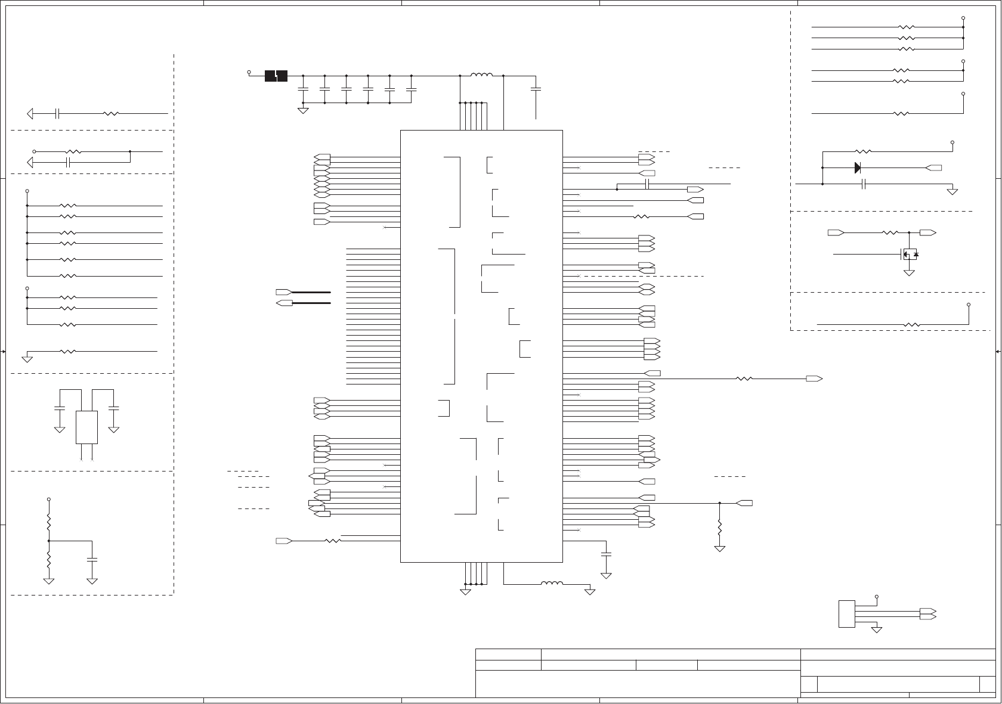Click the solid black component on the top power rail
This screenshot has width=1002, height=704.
pos(276,76)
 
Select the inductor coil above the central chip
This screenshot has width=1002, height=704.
pos(481,76)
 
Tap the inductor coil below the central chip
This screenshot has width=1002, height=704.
pos(552,583)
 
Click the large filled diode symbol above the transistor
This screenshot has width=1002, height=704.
pos(858,168)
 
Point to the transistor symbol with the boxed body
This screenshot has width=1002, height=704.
pos(910,255)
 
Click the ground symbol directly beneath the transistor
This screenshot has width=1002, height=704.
pos(910,272)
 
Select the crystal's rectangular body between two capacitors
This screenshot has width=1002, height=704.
pos(86,427)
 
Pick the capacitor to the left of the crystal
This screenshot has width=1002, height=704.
pos(60,408)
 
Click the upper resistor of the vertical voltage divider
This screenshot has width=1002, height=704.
pos(49,523)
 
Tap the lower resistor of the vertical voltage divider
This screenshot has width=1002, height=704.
pos(49,560)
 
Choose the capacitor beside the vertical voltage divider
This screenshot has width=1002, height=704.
pos(92,560)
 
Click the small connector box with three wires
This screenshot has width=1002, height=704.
pos(846,614)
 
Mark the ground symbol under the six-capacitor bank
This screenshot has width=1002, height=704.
pos(303,110)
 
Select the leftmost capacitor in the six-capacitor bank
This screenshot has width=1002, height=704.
pos(303,89)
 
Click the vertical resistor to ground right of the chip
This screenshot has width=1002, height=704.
pos(720,527)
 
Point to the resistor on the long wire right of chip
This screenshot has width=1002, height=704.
pos(744,379)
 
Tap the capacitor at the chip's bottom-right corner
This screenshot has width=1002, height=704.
pos(606,554)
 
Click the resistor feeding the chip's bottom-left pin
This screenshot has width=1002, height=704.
pos(332,541)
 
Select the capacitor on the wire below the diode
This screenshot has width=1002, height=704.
pos(864,184)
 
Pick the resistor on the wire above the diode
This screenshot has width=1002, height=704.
pos(864,151)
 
